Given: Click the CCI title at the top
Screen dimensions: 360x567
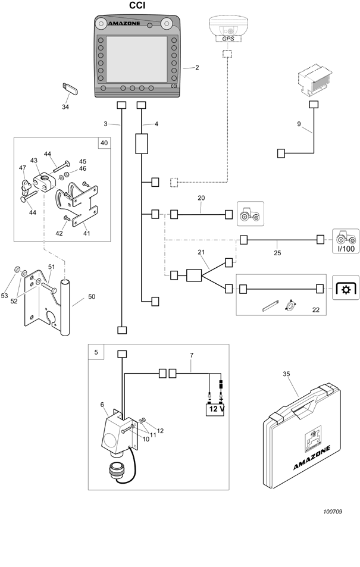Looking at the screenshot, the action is (137, 6).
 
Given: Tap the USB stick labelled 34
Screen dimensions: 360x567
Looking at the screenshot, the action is (70, 89).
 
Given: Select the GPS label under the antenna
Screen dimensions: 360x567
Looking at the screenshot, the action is (228, 39).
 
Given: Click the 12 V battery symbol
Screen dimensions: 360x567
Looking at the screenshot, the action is (215, 409).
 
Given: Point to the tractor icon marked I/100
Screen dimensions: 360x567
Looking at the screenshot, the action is (346, 241).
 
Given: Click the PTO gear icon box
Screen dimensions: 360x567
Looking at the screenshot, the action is (346, 287).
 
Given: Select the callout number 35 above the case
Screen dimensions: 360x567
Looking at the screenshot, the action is (286, 374).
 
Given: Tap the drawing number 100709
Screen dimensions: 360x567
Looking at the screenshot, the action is (333, 512).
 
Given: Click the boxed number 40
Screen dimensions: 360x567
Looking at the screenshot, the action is (104, 143).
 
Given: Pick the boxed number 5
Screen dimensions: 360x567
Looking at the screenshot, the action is (96, 352).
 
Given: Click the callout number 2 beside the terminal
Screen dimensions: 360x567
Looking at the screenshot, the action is (197, 67).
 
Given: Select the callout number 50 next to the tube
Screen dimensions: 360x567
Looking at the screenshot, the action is (92, 296).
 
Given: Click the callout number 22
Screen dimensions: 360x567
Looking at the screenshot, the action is (316, 310).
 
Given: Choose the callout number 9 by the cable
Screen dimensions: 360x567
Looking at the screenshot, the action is (299, 124).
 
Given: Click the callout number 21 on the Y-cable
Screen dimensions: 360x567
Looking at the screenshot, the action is (201, 252).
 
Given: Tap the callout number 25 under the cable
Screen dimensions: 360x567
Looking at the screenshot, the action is (277, 253).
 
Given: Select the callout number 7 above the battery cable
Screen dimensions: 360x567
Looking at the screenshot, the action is (192, 355).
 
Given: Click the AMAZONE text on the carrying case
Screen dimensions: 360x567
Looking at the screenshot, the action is (312, 458).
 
